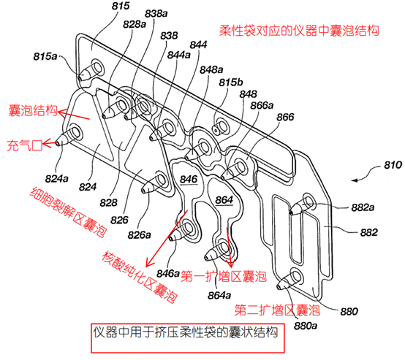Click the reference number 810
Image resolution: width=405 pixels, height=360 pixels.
(373, 169)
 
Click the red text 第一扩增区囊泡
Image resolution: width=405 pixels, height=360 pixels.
(224, 279)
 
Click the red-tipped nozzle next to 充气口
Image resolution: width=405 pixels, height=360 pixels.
(61, 140)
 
